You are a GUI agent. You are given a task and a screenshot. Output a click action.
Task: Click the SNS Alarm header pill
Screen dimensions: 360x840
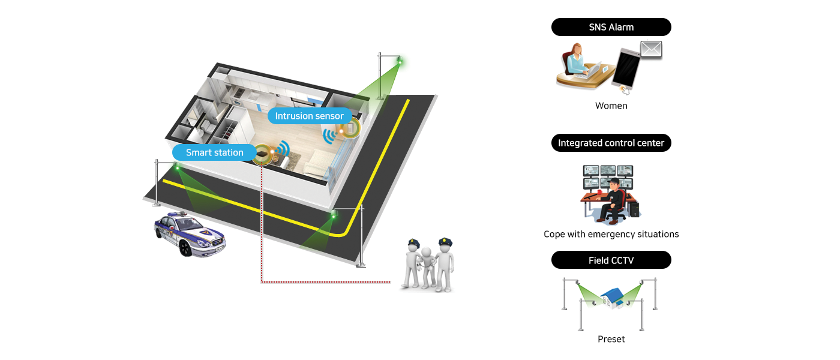[611, 27]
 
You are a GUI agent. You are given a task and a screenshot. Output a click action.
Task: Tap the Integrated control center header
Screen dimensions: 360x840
[611, 143]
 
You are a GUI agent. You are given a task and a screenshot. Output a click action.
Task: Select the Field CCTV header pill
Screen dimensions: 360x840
[611, 260]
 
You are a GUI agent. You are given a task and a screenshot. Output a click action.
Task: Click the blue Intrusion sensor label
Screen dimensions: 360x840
[309, 116]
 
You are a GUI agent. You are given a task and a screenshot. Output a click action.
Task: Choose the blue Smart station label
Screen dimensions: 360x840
[214, 152]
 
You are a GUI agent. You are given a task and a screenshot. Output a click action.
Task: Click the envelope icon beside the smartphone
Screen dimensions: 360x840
[651, 49]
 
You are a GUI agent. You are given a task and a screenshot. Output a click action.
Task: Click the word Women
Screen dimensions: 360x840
[611, 106]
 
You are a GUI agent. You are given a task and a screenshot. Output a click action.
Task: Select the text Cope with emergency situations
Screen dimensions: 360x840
[611, 234]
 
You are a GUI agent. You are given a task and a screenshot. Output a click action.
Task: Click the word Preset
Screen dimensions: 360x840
[611, 339]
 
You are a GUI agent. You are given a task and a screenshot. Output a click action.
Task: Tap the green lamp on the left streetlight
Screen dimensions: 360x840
[177, 167]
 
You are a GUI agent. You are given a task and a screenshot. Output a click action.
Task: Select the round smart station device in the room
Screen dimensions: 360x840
[262, 154]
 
